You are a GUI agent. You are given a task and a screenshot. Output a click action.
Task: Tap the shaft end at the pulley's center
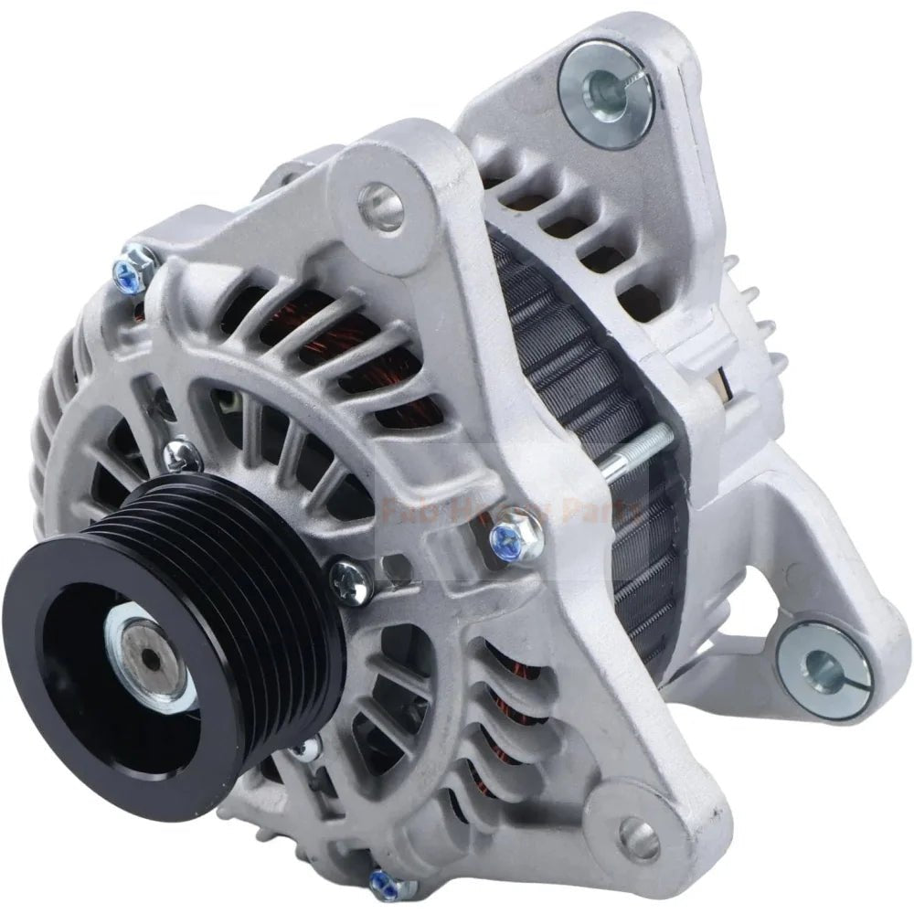144,640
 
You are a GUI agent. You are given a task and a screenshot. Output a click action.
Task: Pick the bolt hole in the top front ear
381,205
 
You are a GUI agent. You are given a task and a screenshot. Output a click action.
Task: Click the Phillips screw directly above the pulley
183,453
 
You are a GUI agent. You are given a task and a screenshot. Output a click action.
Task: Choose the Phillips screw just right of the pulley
351,578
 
